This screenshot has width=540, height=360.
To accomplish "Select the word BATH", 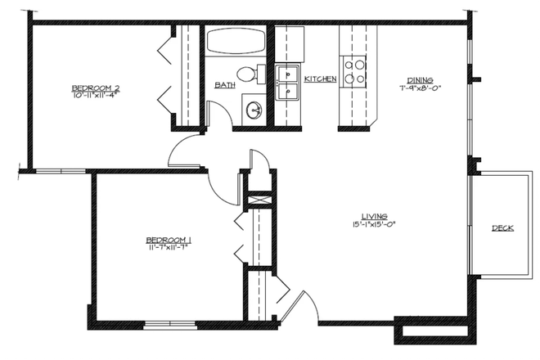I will [225, 84].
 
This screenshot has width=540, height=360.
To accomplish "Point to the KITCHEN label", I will [320, 79].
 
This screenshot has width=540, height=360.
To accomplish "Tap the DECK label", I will [502, 228].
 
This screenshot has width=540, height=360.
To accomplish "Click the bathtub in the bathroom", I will [236, 43].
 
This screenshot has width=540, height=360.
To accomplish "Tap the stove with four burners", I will [355, 71].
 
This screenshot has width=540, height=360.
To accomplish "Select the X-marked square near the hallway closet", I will [259, 200].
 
